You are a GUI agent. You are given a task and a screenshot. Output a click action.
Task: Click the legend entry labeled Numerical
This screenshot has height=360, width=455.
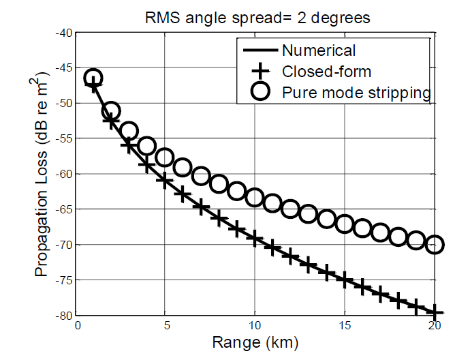(x=318, y=50)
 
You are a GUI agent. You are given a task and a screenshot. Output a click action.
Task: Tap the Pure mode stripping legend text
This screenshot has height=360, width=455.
(x=356, y=93)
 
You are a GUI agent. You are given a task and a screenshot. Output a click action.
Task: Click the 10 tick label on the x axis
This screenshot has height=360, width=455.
(x=255, y=325)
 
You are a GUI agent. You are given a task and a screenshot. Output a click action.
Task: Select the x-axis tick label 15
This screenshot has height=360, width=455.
(x=344, y=325)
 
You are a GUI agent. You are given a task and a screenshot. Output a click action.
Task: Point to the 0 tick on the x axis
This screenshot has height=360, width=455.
(x=78, y=325)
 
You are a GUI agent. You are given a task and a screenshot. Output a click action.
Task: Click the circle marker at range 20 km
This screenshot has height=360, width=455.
(x=434, y=243)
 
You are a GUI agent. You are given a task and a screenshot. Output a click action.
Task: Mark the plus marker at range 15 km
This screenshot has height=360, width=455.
(x=345, y=279)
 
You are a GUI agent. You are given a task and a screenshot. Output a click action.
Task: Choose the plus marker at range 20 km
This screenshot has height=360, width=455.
(x=434, y=312)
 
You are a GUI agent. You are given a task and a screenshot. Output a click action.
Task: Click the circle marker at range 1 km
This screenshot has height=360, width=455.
(x=94, y=78)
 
